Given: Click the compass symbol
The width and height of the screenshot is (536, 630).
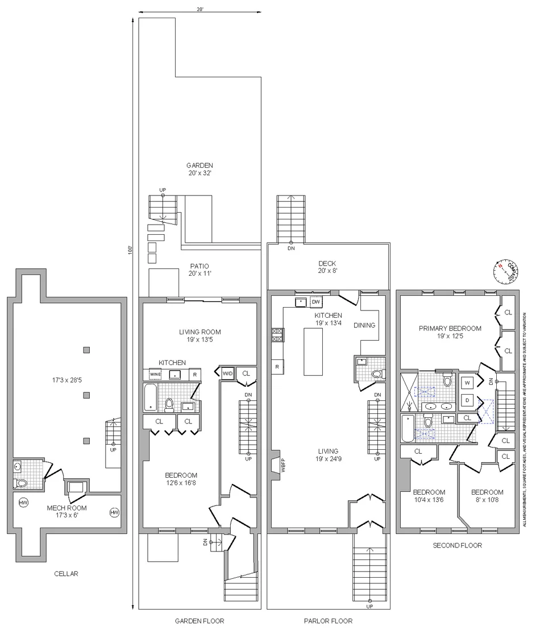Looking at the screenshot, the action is point(506,272).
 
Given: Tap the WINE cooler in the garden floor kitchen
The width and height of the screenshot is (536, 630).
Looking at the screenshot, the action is point(156,374).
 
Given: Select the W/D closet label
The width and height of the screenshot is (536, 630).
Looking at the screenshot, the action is point(227,373).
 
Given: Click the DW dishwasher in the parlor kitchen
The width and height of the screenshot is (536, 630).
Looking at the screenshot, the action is point(316,302).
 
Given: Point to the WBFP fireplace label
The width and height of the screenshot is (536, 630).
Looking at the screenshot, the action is point(283,465).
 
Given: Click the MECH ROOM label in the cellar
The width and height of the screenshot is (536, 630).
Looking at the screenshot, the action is point(67,508).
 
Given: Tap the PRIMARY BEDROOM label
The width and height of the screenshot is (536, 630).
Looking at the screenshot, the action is point(450,328).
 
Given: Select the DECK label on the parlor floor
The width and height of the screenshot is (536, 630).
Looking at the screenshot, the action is point(327,263).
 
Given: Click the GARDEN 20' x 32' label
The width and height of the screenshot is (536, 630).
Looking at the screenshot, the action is point(200,169).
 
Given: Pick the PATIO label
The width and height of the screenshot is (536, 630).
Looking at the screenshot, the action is point(200,266).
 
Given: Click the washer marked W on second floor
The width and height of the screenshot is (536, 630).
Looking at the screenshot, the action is point(467,383).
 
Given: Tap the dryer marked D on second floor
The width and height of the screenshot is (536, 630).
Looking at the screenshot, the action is point(467,400).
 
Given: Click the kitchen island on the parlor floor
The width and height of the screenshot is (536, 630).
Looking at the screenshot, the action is point(313,351).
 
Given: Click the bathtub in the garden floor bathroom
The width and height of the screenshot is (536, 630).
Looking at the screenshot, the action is point(150,397).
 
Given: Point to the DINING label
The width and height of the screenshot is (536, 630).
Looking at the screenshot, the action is point(364,325).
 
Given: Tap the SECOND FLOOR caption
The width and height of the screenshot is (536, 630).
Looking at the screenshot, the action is point(457,545).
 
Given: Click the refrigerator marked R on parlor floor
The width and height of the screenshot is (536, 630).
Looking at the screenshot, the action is point(277,367).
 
